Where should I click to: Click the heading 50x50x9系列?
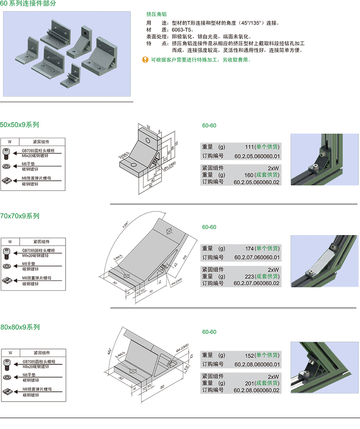click(19, 125)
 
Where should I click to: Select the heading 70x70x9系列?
click(19, 216)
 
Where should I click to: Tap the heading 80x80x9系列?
click(20, 327)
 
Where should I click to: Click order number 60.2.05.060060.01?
click(257, 156)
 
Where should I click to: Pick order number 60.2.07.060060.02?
click(257, 283)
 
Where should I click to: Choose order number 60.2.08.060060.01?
click(257, 364)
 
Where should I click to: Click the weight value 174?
click(250, 248)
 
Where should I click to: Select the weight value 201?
click(250, 383)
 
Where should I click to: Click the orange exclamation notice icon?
click(145, 60)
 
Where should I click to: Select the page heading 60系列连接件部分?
click(28, 3)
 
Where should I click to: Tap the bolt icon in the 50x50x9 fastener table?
click(6, 153)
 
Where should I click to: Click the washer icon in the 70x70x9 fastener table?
click(6, 266)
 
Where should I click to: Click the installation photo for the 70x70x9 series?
click(324, 262)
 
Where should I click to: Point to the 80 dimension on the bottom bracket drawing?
click(162, 387)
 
